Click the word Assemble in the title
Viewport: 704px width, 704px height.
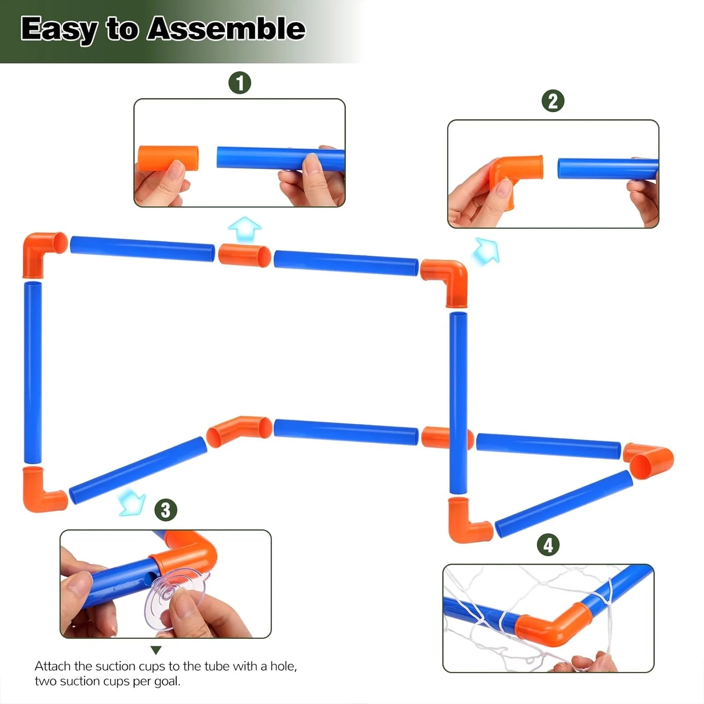tap(226, 29)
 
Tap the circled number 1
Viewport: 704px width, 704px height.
tap(240, 83)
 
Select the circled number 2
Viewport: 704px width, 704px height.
tap(553, 101)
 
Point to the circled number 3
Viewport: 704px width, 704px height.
tap(166, 510)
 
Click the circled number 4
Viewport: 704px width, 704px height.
tap(548, 545)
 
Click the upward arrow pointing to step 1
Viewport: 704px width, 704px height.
tap(245, 229)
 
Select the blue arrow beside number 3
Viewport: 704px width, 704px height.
tap(131, 501)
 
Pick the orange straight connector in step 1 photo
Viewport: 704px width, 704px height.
tap(168, 158)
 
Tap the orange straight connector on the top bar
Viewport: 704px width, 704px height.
tap(245, 255)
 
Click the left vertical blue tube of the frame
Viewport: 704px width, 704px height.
tap(33, 372)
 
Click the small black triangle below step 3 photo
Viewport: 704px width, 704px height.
tap(156, 650)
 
